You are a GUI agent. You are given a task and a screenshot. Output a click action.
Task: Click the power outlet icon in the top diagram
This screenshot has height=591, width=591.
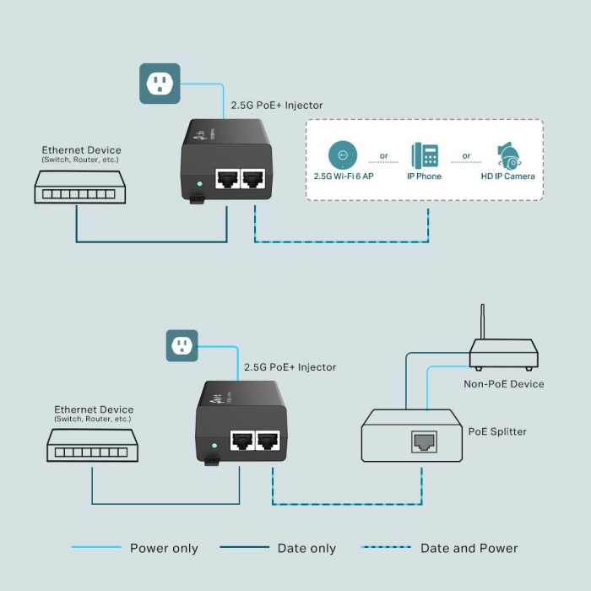(160, 84)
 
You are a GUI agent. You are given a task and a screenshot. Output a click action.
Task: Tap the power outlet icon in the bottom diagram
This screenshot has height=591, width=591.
(182, 344)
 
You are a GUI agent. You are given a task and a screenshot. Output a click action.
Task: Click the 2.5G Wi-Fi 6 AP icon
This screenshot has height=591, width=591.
(343, 155)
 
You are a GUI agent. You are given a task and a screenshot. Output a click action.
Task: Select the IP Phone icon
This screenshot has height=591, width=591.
(425, 155)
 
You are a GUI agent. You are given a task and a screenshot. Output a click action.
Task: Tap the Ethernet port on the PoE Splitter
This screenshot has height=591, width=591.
(423, 441)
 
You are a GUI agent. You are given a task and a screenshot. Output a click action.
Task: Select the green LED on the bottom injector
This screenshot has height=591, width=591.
(214, 445)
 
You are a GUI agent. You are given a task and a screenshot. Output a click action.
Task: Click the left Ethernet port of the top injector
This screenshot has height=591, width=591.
(226, 178)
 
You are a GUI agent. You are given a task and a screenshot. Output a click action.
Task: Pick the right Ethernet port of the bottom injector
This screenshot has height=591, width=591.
(268, 440)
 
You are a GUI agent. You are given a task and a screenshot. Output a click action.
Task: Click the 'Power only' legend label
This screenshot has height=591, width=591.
(164, 549)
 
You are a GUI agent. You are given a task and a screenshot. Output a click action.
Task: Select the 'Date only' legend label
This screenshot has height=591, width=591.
(306, 549)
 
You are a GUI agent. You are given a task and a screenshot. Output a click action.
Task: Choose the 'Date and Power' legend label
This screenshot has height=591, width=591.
(469, 549)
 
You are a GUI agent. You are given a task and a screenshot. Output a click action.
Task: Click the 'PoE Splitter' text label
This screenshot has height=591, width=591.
(497, 431)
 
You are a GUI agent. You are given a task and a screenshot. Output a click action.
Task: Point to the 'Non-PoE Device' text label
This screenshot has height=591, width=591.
(503, 384)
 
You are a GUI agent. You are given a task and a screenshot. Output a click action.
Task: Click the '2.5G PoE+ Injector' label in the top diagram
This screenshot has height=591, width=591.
(277, 106)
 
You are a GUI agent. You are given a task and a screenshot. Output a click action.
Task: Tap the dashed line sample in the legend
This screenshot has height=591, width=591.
(386, 548)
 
